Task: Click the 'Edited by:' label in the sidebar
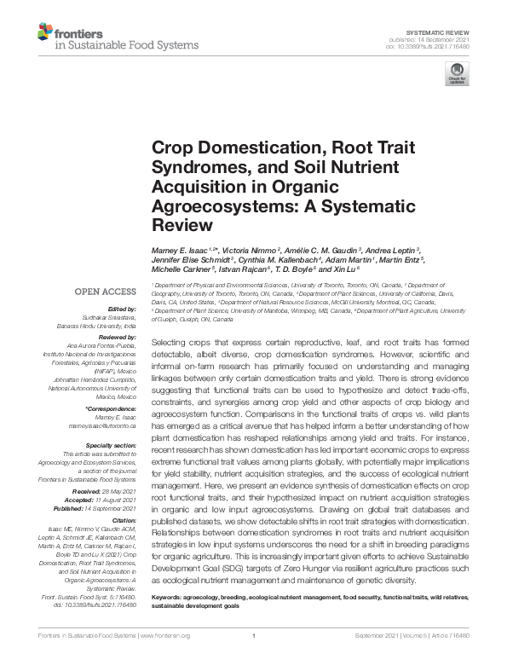123,309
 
